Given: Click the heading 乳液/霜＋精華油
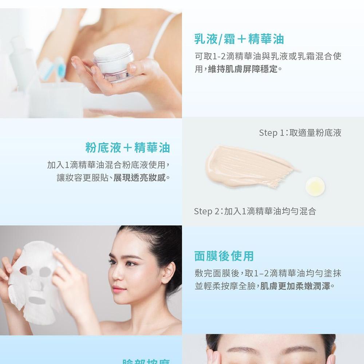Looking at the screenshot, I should [x=239, y=39].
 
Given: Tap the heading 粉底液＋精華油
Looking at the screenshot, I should [x=128, y=147].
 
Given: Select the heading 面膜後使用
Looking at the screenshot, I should [x=224, y=256].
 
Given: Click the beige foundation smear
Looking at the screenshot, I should [x=248, y=166].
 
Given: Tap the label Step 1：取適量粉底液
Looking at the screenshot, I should [x=300, y=133].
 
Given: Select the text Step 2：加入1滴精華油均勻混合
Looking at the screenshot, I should [x=255, y=211].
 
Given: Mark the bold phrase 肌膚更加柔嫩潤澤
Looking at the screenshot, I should [x=296, y=286].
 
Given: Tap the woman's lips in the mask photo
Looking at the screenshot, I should [x=119, y=290].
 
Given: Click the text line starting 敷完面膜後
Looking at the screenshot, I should [x=268, y=273].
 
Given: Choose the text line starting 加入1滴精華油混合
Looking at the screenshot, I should [x=109, y=165].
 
